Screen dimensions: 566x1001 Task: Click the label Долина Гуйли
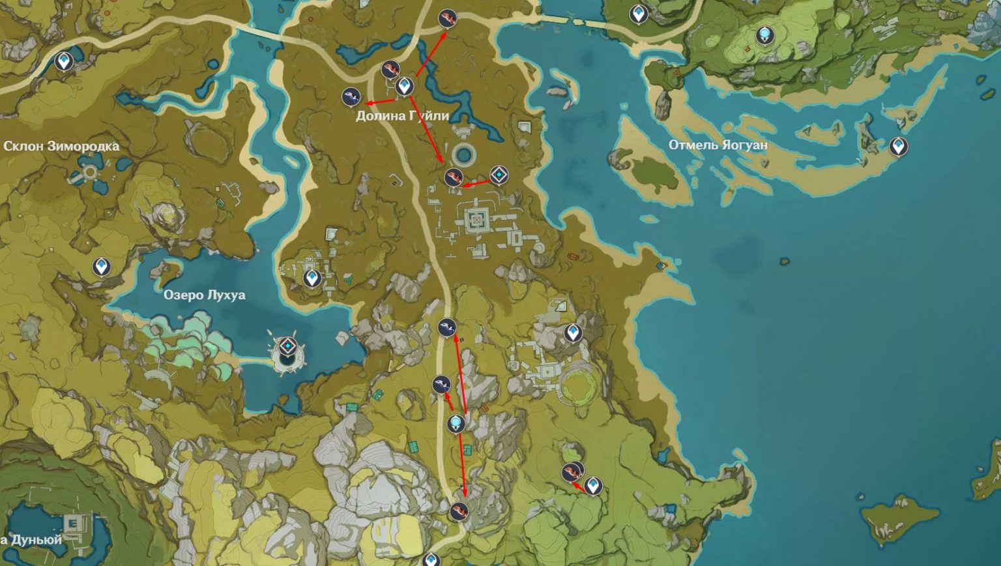402,116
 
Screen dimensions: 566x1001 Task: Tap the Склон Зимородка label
61,146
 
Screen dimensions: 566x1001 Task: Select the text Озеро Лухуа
204,295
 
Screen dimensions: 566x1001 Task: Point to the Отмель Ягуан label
718,145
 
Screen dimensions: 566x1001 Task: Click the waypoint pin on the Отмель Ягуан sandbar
899,145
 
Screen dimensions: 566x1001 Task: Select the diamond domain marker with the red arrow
499,175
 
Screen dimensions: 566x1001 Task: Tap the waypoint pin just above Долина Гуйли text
405,85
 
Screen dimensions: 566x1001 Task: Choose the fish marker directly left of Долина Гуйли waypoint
351,97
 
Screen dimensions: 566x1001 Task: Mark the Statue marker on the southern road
456,424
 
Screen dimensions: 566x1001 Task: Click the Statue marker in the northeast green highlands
764,35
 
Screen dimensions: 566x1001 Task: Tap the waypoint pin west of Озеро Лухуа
100,267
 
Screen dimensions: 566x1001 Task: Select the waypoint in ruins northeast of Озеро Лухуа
312,278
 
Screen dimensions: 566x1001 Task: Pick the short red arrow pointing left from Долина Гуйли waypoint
381,102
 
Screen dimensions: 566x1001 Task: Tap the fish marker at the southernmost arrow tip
459,511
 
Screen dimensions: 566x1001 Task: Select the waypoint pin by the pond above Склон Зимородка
63,61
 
